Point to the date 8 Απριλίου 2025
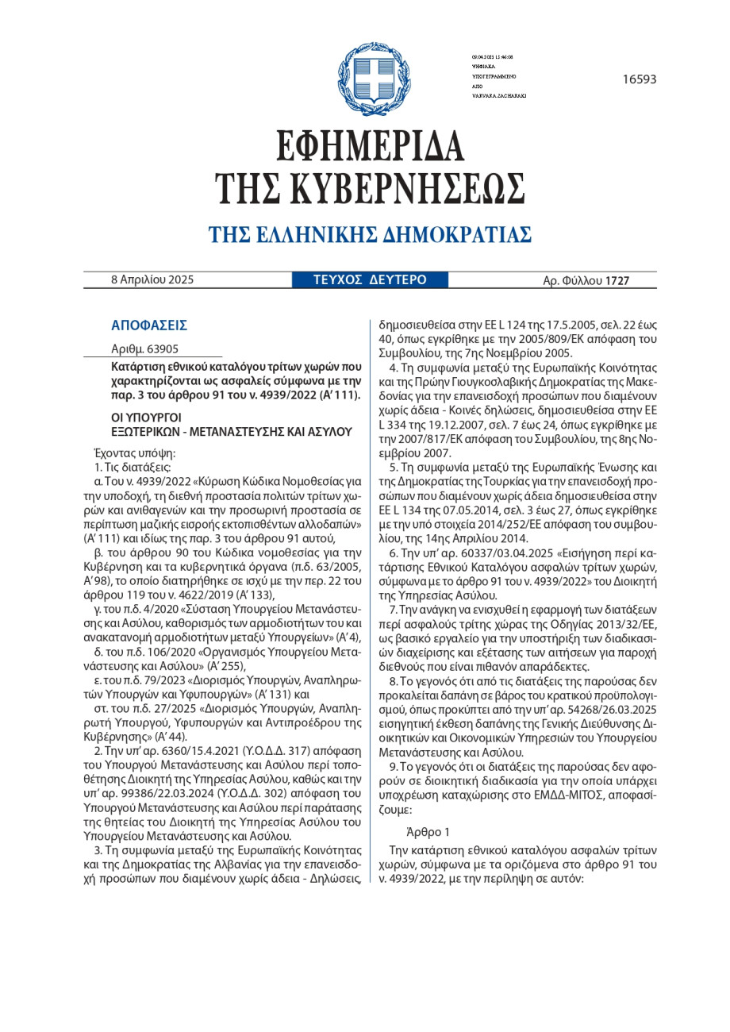[152, 279]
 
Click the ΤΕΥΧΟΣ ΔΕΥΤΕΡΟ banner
[370, 279]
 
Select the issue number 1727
[617, 280]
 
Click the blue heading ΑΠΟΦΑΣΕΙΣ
[149, 325]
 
